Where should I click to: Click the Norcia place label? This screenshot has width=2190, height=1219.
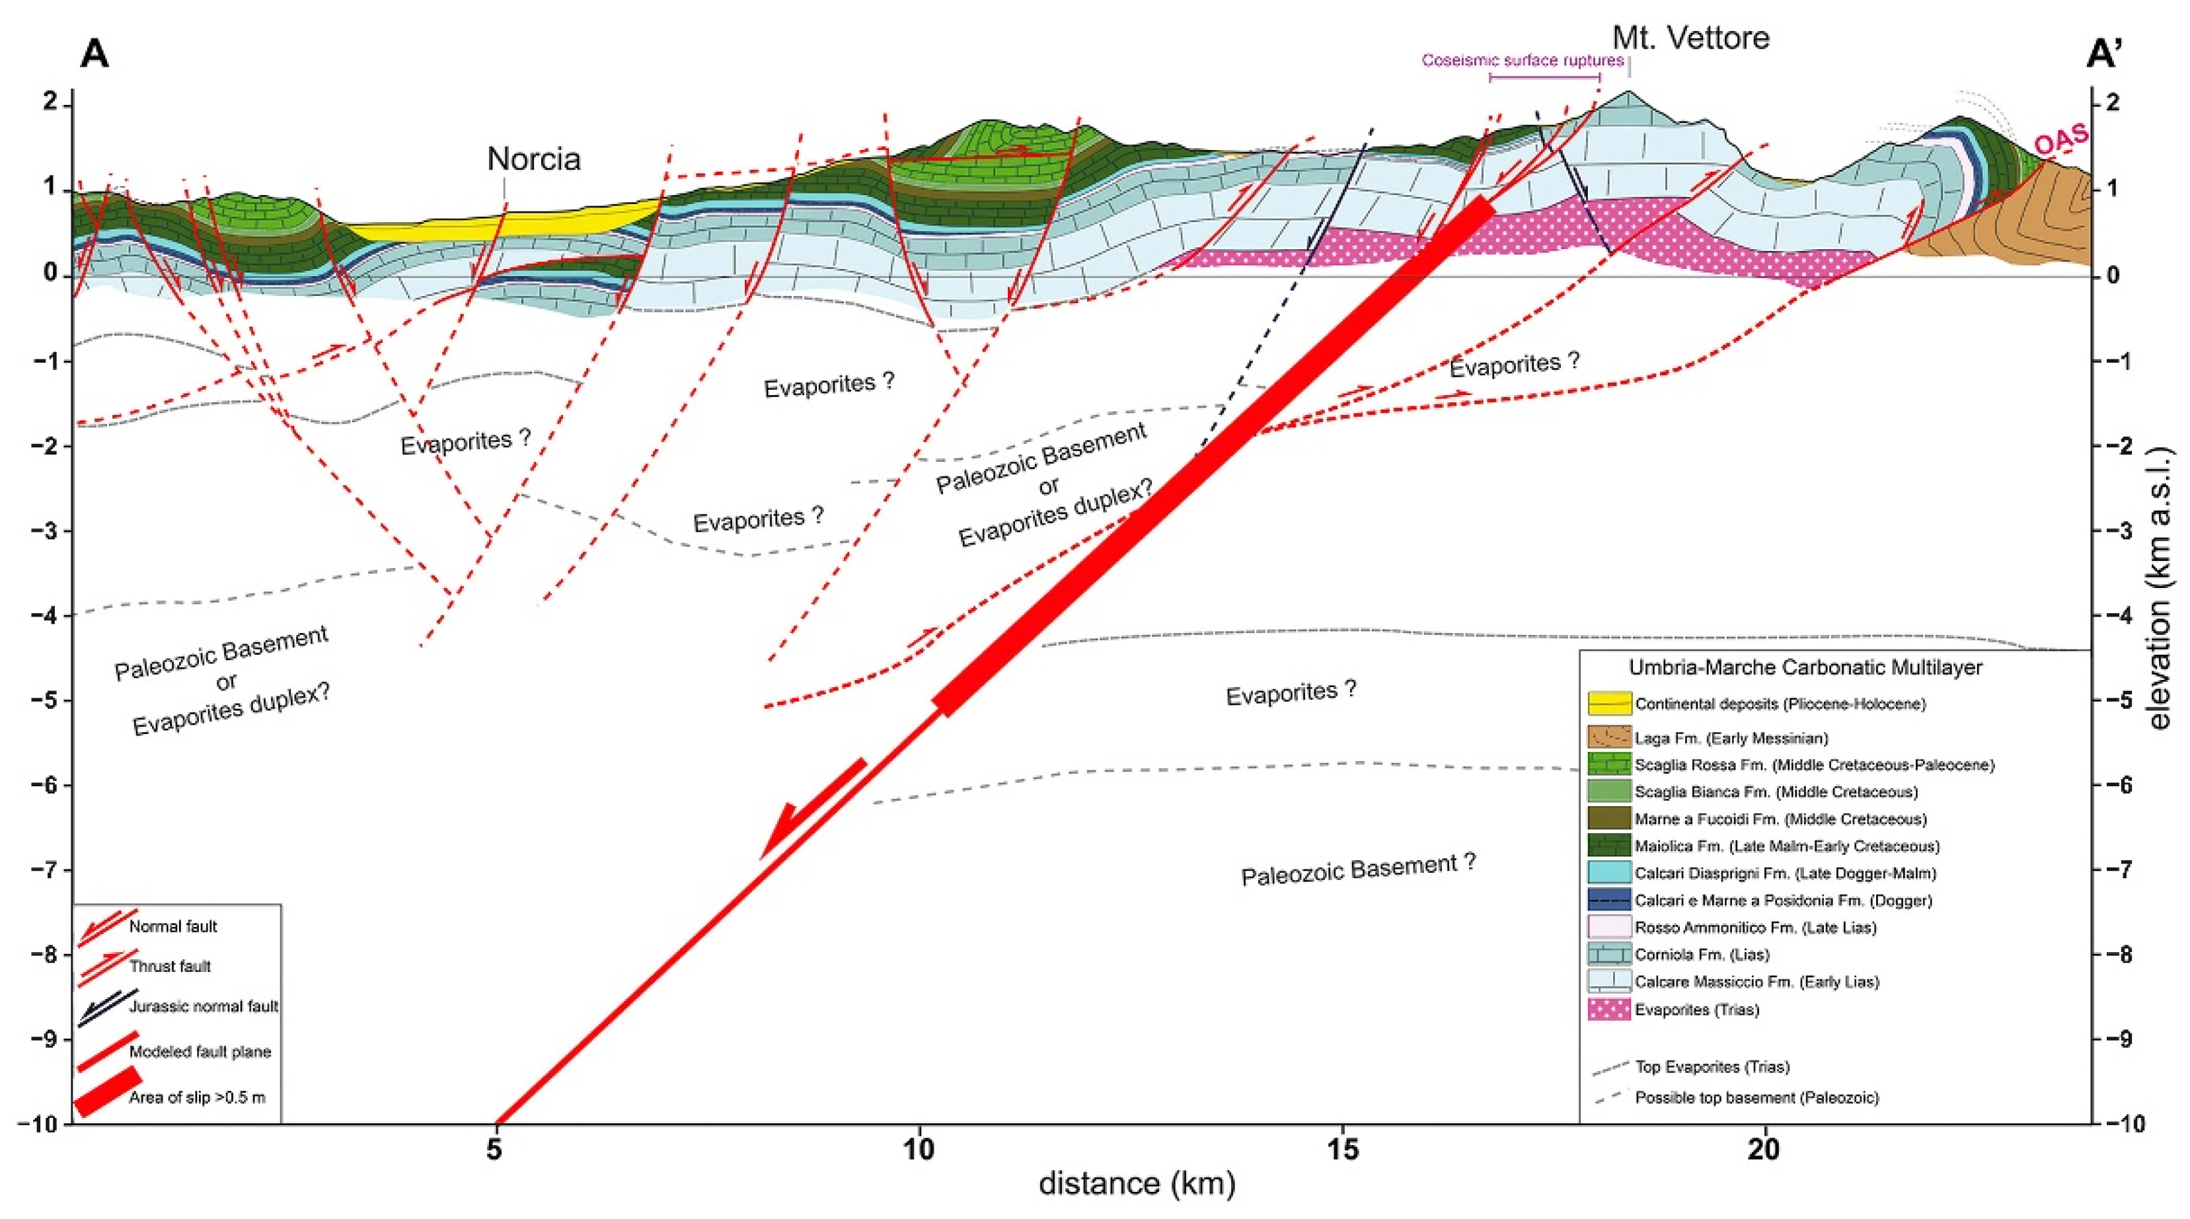(533, 159)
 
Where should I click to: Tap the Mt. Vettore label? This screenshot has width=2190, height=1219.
(1690, 38)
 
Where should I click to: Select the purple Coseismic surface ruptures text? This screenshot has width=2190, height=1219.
(1523, 60)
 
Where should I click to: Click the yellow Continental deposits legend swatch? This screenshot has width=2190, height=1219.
(1609, 704)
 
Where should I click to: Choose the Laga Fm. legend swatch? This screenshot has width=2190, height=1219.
(1609, 737)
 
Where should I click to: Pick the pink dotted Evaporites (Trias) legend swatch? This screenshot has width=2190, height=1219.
(1609, 1009)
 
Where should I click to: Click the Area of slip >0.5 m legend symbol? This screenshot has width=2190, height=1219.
(106, 1092)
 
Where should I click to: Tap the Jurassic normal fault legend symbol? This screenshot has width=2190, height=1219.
(106, 1008)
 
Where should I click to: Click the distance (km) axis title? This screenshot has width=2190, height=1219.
(1137, 1183)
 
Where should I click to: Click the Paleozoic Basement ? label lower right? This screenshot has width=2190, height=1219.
(1359, 869)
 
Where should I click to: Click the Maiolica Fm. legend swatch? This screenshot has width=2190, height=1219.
(1609, 846)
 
